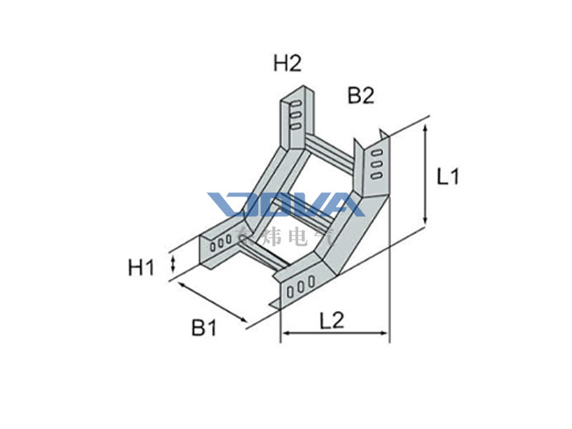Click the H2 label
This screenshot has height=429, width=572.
(287, 64)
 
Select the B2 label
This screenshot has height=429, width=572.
(361, 95)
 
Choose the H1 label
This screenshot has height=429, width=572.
(142, 268)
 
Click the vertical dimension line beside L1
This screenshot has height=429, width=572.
(426, 175)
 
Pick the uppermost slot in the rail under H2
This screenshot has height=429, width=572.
(293, 106)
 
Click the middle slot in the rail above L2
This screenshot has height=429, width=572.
(300, 287)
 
